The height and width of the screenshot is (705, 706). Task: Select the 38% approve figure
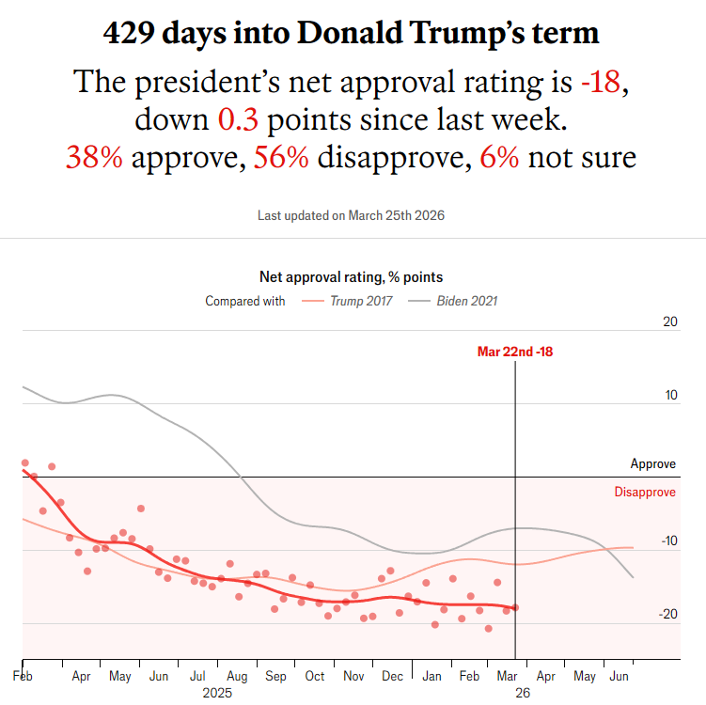click(94, 157)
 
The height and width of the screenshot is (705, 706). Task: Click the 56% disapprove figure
click(281, 157)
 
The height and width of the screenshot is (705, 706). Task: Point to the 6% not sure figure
click(499, 157)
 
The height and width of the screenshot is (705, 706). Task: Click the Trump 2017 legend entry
click(361, 302)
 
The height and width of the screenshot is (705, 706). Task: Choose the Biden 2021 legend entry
click(466, 302)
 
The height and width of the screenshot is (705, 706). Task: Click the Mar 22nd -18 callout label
click(515, 352)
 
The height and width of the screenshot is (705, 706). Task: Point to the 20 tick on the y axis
click(670, 322)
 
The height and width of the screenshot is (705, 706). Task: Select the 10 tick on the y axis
click(670, 395)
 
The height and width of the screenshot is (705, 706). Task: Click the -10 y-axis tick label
click(668, 541)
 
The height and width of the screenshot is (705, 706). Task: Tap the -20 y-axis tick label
click(668, 615)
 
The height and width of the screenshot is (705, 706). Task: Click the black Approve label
click(652, 464)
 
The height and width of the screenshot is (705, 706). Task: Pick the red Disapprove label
click(645, 493)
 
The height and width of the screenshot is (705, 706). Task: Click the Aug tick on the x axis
click(236, 676)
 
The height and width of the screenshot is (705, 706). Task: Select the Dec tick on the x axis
click(392, 676)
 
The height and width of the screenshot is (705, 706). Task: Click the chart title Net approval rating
click(351, 277)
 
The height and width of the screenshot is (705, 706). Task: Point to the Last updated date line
click(352, 215)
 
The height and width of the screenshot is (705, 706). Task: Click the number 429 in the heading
click(133, 35)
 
